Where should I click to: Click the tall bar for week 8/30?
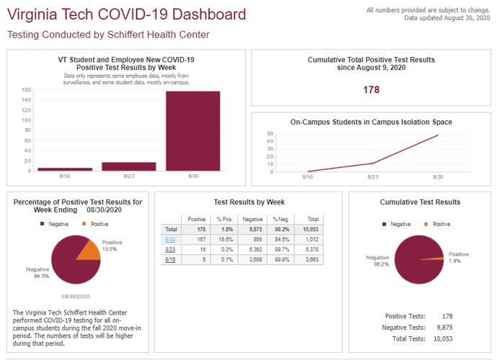point(192,131)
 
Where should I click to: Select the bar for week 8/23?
point(129,166)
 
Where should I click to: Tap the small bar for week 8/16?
point(65,169)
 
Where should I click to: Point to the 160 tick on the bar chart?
point(26,90)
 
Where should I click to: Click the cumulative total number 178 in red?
point(371,90)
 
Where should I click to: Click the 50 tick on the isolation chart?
point(270,134)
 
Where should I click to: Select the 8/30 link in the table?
point(171,239)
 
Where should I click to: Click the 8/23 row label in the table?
point(171,249)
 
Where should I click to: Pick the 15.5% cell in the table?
point(226,239)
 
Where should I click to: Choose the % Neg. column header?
point(280,219)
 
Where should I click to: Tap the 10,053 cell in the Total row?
point(311,229)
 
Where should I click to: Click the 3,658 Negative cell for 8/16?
point(253,259)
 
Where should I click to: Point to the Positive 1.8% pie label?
point(458,257)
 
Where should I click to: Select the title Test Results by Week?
point(249,202)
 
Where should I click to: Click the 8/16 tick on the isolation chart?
point(308,176)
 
